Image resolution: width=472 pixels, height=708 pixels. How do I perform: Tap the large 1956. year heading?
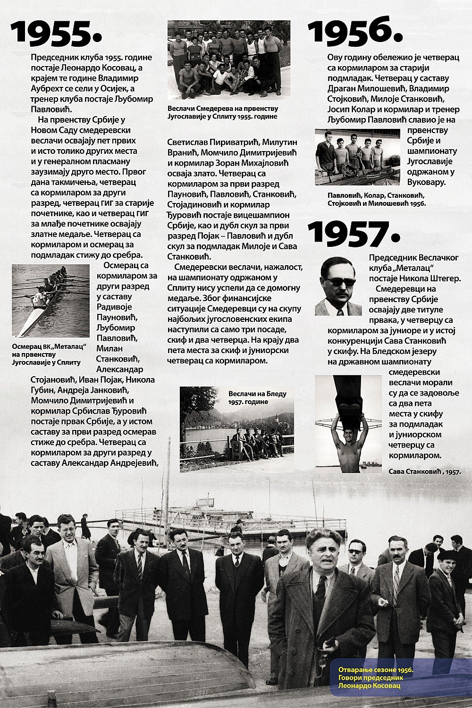[355, 32]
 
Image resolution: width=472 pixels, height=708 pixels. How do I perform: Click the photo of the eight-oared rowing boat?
[51, 301]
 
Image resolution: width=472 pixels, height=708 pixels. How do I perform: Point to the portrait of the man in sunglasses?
[338, 286]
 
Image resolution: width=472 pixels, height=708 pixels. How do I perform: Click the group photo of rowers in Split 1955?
[228, 59]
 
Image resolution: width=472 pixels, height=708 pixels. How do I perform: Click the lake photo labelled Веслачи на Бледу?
[236, 430]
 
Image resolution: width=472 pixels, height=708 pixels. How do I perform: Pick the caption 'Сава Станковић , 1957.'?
[425, 471]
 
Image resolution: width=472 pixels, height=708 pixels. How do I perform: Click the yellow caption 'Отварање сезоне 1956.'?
[376, 670]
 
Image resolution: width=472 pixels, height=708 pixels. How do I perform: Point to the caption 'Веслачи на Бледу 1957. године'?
[257, 397]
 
